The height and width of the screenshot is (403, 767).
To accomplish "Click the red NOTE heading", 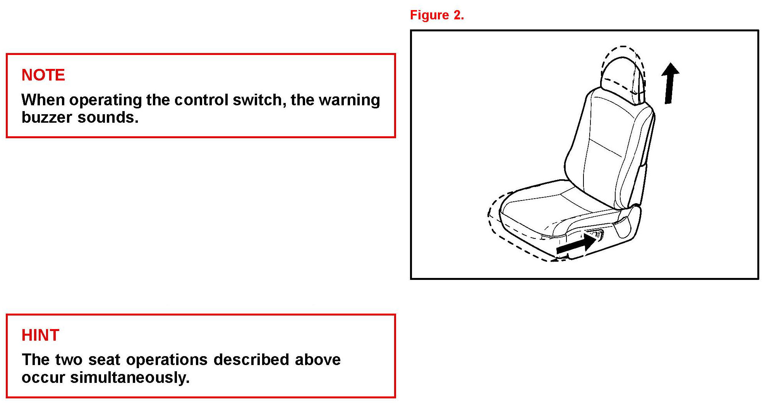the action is (x=43, y=75).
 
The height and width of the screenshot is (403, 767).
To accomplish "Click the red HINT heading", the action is (x=40, y=335).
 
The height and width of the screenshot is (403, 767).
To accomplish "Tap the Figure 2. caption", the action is (x=437, y=15).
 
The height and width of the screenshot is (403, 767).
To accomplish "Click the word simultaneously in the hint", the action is (x=130, y=378).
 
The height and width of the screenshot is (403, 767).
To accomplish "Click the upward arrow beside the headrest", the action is (x=669, y=83).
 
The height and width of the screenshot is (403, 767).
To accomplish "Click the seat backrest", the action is (x=610, y=147).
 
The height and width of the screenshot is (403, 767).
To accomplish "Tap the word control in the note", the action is (x=201, y=100).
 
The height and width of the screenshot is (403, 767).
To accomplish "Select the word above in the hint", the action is (x=317, y=360).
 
